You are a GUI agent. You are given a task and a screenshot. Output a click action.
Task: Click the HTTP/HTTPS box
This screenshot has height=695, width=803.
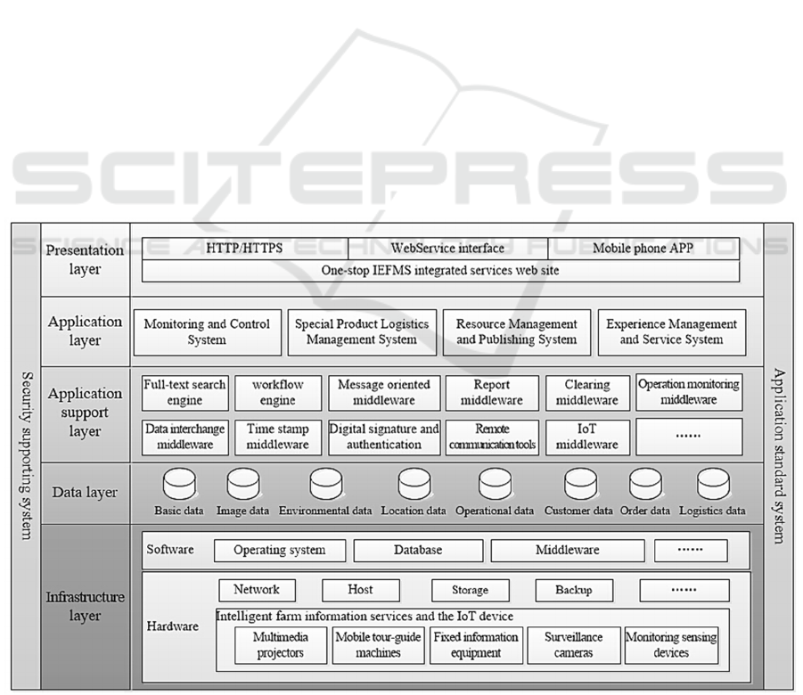coord(244,249)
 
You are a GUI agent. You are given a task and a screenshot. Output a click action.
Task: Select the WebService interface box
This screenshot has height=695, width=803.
coord(447,249)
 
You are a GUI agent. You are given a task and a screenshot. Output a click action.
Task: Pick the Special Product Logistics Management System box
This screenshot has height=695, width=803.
coord(361,332)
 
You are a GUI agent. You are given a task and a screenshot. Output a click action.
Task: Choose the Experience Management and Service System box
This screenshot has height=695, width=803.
coord(671,332)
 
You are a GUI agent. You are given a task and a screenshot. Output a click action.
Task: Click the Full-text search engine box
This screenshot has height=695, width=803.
coord(184,393)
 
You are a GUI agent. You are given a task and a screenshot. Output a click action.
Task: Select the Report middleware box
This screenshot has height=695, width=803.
coord(492,393)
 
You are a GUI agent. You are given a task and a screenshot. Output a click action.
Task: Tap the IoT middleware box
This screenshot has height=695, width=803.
coord(586,437)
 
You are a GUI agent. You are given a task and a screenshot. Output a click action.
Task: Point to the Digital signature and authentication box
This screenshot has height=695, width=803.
coord(385,437)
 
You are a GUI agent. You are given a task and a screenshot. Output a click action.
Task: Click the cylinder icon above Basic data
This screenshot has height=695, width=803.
coord(179,484)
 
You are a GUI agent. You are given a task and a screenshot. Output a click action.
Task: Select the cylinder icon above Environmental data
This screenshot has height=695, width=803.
coord(326,484)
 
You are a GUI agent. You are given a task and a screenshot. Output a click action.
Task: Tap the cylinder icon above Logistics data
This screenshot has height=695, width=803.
coord(712,484)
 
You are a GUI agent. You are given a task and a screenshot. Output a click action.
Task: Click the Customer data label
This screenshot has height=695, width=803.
coord(578,511)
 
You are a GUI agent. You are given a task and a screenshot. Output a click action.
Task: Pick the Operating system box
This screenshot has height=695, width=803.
coord(279,551)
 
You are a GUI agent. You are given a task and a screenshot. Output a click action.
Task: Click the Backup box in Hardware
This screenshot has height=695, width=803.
coord(573,590)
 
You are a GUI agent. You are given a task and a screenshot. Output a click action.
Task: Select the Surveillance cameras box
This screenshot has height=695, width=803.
coord(573,645)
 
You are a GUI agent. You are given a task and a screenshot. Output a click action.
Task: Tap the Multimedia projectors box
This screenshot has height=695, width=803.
coord(279,645)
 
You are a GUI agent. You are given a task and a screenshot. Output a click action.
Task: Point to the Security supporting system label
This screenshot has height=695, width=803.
coord(26,454)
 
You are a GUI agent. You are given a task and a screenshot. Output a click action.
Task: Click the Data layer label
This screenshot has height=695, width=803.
coord(85,493)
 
